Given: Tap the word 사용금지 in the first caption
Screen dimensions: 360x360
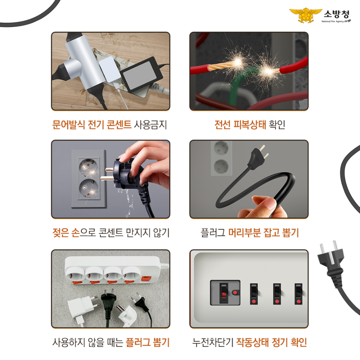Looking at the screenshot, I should pyautogui.click(x=150, y=125).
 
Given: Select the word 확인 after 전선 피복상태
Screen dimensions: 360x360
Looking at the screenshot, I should pyautogui.click(x=277, y=125).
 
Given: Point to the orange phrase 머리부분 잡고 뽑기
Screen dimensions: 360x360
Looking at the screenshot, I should pyautogui.click(x=264, y=233).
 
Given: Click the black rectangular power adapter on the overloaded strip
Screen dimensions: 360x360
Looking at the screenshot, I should pyautogui.click(x=140, y=76).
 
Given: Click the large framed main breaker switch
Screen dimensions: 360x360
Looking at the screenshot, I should pyautogui.click(x=224, y=292).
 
